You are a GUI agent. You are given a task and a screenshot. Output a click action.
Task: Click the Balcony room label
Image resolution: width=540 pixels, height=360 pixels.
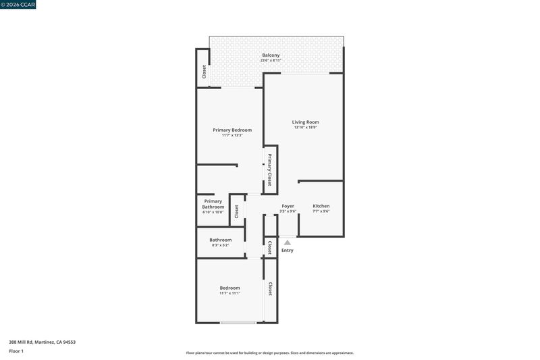click(271, 55)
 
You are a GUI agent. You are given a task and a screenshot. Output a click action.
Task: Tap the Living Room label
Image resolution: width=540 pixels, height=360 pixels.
click(306, 122)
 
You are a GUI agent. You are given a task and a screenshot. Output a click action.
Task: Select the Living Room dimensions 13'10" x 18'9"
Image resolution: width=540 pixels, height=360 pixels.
click(306, 128)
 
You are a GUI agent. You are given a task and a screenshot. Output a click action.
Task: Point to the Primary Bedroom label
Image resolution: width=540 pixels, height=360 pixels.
click(232, 130)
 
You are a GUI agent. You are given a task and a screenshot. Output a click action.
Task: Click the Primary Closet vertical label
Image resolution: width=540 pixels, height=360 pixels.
click(269, 170)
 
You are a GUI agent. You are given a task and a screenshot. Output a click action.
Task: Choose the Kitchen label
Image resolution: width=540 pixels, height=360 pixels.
click(321, 206)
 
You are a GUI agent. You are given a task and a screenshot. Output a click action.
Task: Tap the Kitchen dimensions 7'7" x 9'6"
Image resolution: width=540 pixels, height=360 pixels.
click(321, 211)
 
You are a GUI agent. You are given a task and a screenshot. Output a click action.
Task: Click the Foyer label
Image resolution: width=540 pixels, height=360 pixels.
click(288, 206)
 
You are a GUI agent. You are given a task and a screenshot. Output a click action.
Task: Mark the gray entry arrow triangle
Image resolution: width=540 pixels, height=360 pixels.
click(288, 242)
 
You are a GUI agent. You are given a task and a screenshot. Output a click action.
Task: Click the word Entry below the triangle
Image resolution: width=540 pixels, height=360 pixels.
click(288, 251)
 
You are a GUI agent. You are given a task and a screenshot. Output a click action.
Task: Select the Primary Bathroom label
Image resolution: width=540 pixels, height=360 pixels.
click(213, 204)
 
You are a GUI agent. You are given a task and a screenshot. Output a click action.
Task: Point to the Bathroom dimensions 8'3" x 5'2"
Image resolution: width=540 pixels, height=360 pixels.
click(221, 245)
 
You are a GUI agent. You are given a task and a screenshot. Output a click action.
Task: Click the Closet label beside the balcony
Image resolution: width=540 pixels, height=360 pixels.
click(204, 72)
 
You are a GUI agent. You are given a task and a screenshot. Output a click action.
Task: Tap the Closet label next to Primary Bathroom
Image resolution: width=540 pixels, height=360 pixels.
click(237, 211)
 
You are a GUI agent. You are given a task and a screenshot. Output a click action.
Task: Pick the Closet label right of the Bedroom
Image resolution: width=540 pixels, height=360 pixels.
click(270, 289)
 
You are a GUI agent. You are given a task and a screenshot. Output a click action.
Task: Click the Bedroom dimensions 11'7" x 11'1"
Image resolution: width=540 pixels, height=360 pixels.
click(230, 293)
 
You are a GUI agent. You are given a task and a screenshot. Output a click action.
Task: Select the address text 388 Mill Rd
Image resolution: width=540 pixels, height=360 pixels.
click(21, 342)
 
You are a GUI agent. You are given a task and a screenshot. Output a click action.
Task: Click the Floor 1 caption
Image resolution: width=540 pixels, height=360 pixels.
click(16, 351)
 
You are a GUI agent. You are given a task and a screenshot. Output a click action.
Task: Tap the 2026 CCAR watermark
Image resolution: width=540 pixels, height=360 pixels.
click(18, 5)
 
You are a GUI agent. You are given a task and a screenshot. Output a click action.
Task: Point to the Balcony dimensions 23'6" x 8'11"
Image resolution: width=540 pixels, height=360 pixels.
click(271, 61)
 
